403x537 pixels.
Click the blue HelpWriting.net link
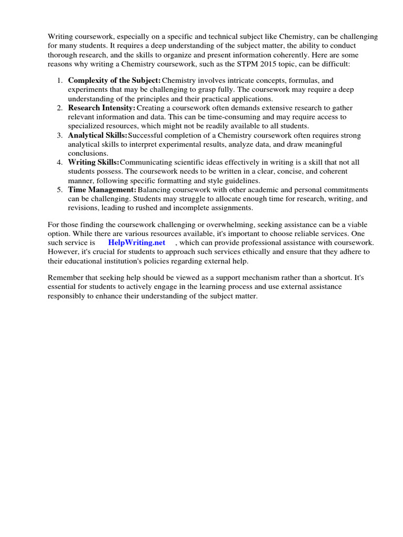(x=136, y=242)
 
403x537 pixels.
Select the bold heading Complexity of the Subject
(x=114, y=80)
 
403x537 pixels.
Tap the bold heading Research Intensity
(x=101, y=108)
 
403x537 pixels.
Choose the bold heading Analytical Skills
(x=98, y=135)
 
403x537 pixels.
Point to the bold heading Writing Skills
(x=93, y=162)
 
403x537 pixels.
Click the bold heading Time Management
(x=102, y=189)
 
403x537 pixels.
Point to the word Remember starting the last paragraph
(x=66, y=277)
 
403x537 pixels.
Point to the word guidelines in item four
(x=242, y=180)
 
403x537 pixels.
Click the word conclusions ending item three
(x=88, y=153)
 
